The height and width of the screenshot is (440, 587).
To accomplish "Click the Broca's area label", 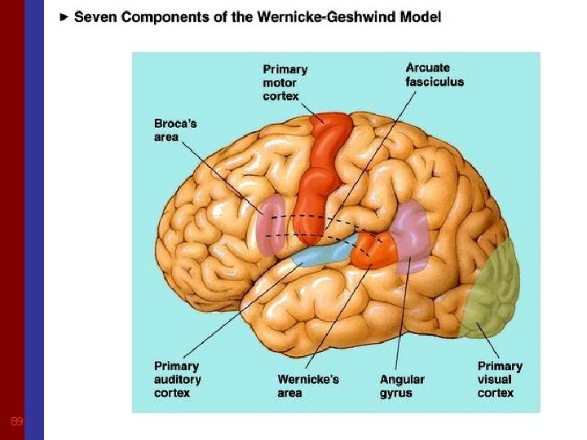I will tap(175, 130).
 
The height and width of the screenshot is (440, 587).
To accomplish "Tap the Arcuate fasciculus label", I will tap(435, 74).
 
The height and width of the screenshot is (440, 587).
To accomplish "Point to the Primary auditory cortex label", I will tap(178, 380).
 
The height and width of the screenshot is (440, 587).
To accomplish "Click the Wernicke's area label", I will tap(308, 386).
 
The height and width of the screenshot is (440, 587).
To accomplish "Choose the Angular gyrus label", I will tap(402, 386).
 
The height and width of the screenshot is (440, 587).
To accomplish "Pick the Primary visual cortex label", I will tap(500, 380).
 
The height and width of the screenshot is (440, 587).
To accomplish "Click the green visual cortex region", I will tap(492, 289).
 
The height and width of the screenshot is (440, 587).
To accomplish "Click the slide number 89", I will tap(15, 422).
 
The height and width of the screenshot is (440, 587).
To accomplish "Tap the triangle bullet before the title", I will tap(64, 17).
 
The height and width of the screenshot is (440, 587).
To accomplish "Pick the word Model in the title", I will tap(421, 17).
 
